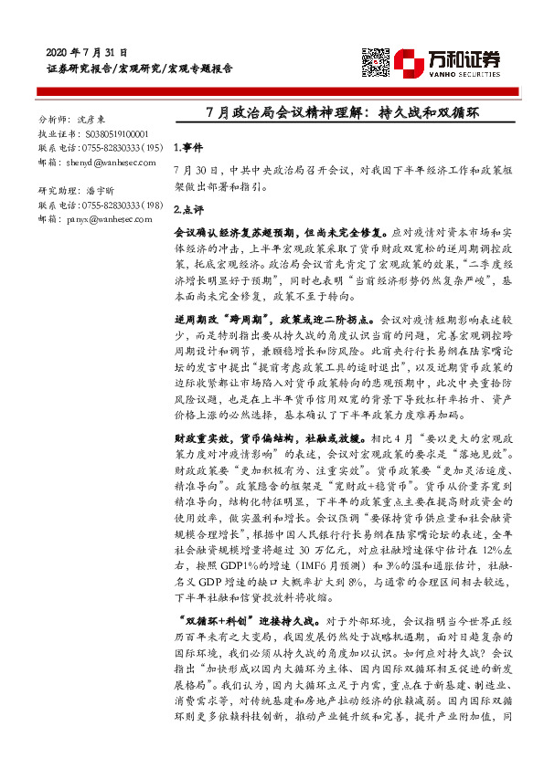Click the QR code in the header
(x=377, y=62)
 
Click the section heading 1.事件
(x=187, y=147)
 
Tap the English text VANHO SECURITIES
(x=464, y=70)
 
